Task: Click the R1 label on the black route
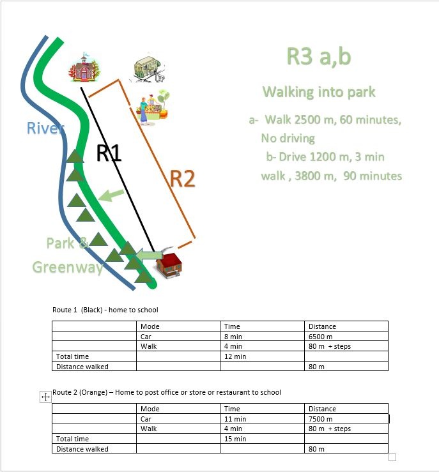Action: click(109, 153)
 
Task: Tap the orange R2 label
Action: click(183, 178)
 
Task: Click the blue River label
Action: click(45, 128)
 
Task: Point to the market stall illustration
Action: click(153, 107)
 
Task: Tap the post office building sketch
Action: click(148, 68)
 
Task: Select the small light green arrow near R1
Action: click(111, 195)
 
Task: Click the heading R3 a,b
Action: click(319, 56)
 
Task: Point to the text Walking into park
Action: click(319, 92)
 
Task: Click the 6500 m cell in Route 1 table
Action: click(346, 336)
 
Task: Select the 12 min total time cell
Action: click(262, 356)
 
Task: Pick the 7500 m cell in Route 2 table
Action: click(346, 419)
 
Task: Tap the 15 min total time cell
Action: click(262, 439)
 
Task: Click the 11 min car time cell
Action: click(262, 419)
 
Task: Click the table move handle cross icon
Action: click(45, 397)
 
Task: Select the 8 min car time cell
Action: click(262, 336)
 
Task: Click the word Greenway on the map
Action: click(68, 268)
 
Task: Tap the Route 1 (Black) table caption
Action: click(105, 310)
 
